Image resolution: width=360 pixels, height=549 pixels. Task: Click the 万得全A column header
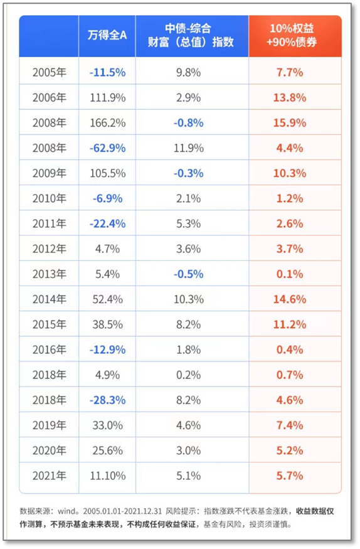pos(107,35)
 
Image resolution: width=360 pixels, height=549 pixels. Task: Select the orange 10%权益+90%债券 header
pos(292,35)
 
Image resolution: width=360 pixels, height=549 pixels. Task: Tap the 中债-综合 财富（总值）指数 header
pos(190,35)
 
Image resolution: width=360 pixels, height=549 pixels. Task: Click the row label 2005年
pos(50,73)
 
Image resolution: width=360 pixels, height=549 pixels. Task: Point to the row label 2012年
pos(50,249)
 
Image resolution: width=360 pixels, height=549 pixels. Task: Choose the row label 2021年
pos(50,476)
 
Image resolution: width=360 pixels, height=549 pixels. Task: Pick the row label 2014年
pos(50,299)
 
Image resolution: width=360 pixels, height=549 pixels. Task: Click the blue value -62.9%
pos(107,148)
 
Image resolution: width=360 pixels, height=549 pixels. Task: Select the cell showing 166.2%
pos(107,123)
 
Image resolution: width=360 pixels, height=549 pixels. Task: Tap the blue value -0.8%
pos(189,123)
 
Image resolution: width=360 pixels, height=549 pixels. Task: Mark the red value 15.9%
pos(290,123)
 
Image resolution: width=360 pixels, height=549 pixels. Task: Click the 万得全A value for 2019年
pos(107,425)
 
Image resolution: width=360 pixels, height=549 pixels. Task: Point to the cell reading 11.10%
pos(107,476)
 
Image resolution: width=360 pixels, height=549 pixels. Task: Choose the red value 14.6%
pos(290,299)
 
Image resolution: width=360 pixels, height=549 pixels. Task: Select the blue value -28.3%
pos(107,400)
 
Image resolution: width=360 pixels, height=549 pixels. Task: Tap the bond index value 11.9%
pos(189,148)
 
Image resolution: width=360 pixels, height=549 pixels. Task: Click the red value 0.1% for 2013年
pos(290,274)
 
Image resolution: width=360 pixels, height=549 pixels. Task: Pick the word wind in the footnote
pos(66,511)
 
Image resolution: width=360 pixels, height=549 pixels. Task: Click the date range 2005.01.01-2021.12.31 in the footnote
pos(122,511)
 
